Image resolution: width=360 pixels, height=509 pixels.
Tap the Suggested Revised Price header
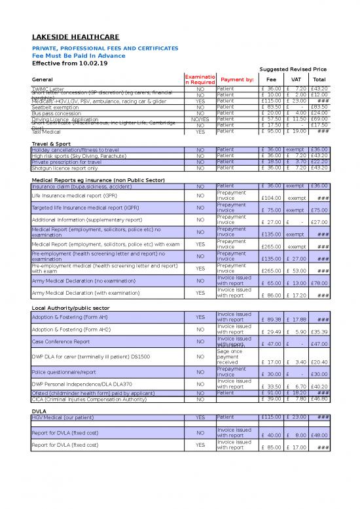(x=293, y=69)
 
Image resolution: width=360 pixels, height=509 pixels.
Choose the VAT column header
(x=295, y=79)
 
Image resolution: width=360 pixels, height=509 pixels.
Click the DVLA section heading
(x=39, y=411)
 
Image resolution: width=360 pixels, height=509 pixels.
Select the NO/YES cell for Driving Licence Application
(x=200, y=119)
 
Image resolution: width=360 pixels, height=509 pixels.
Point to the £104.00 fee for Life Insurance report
(x=271, y=198)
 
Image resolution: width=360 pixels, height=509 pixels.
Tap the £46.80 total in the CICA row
(x=320, y=398)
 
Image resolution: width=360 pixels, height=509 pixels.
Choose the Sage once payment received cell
(x=232, y=356)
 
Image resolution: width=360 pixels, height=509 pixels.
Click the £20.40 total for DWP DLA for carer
(x=320, y=362)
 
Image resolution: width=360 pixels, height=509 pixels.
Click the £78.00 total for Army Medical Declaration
(x=320, y=283)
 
